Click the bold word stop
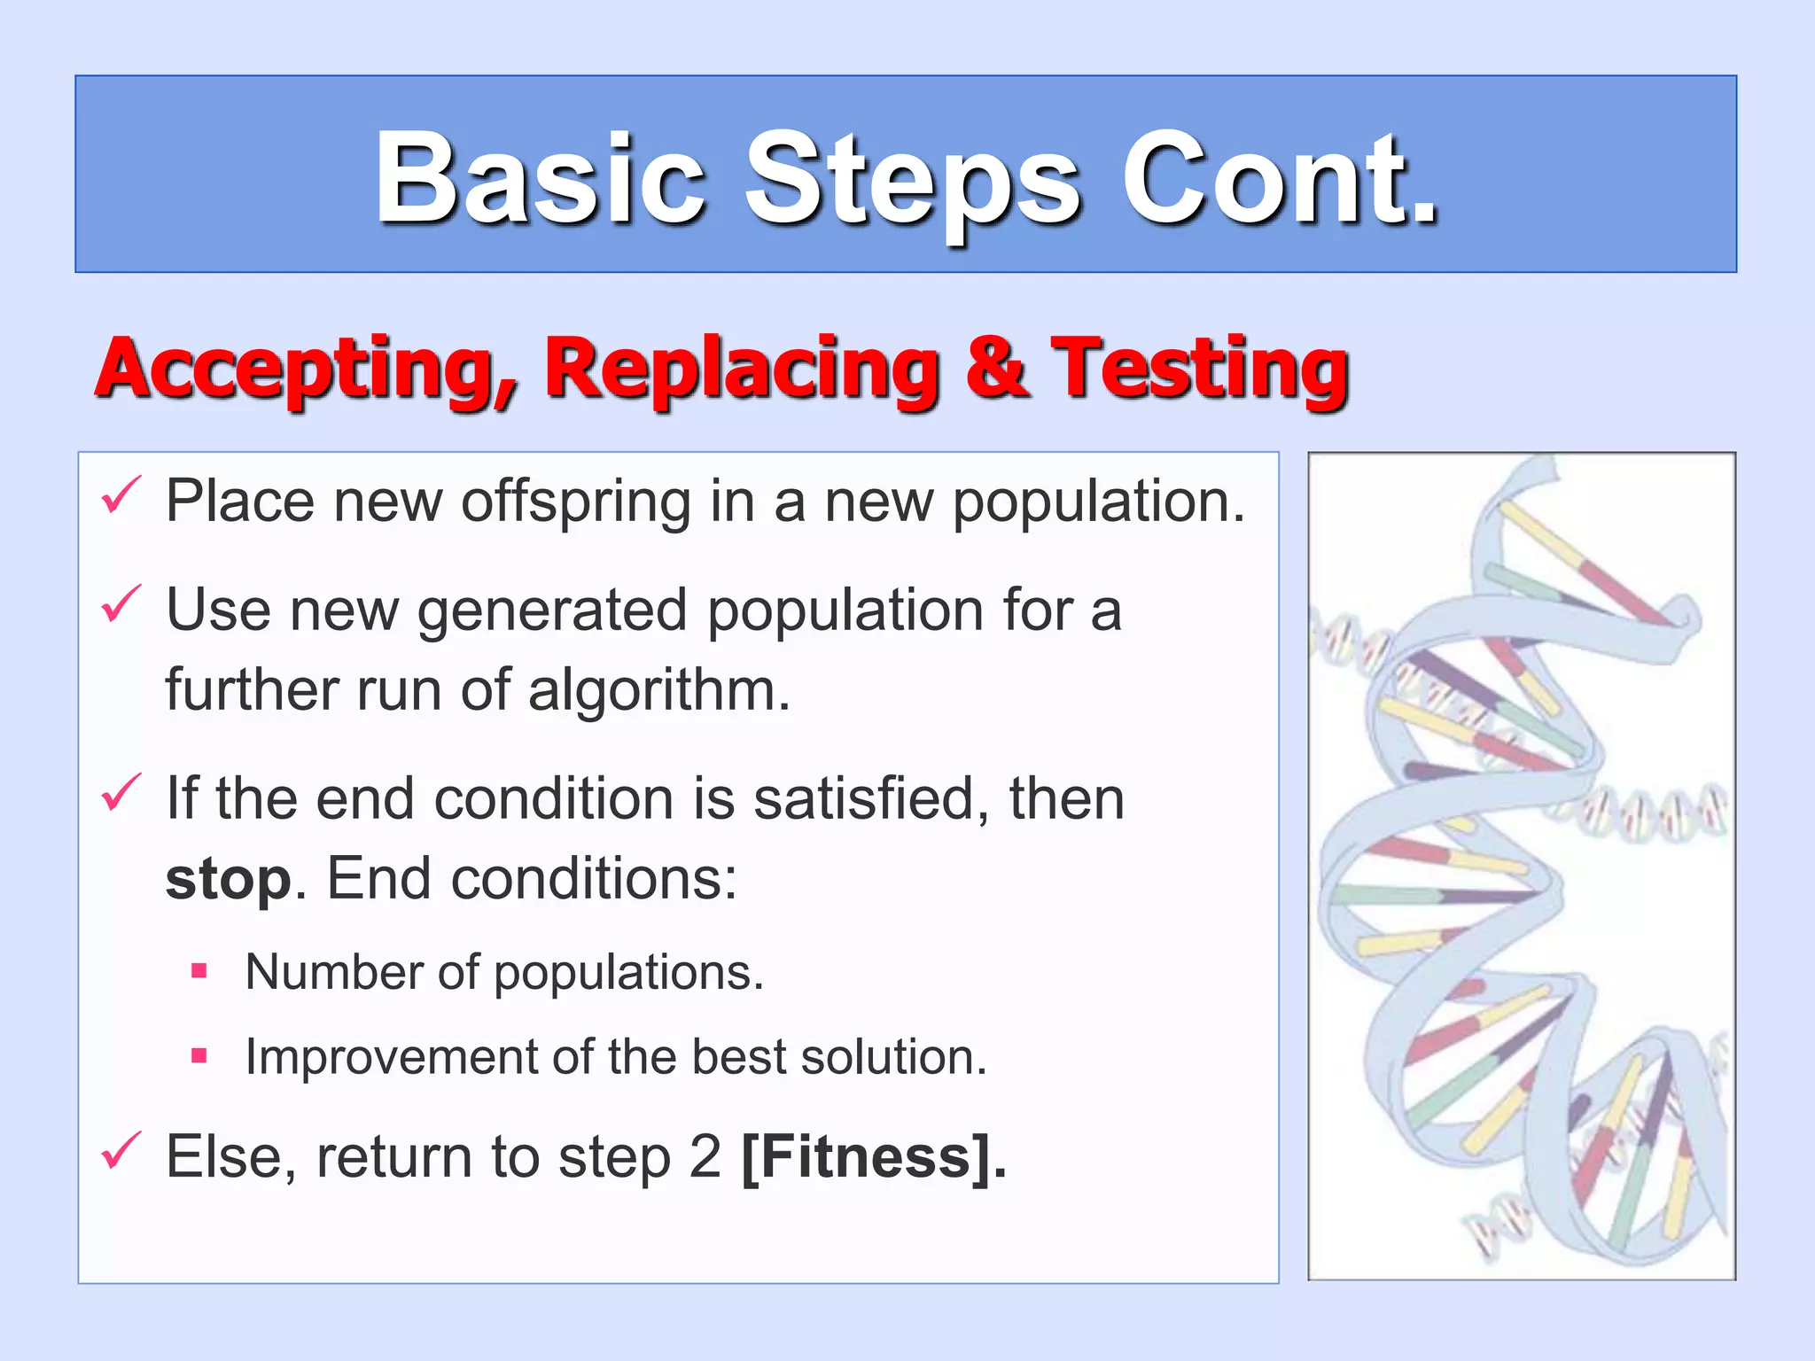(x=228, y=881)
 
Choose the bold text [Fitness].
(x=874, y=1156)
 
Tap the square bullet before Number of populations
(x=199, y=971)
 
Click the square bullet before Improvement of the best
(x=199, y=1055)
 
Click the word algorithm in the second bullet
(x=658, y=690)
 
